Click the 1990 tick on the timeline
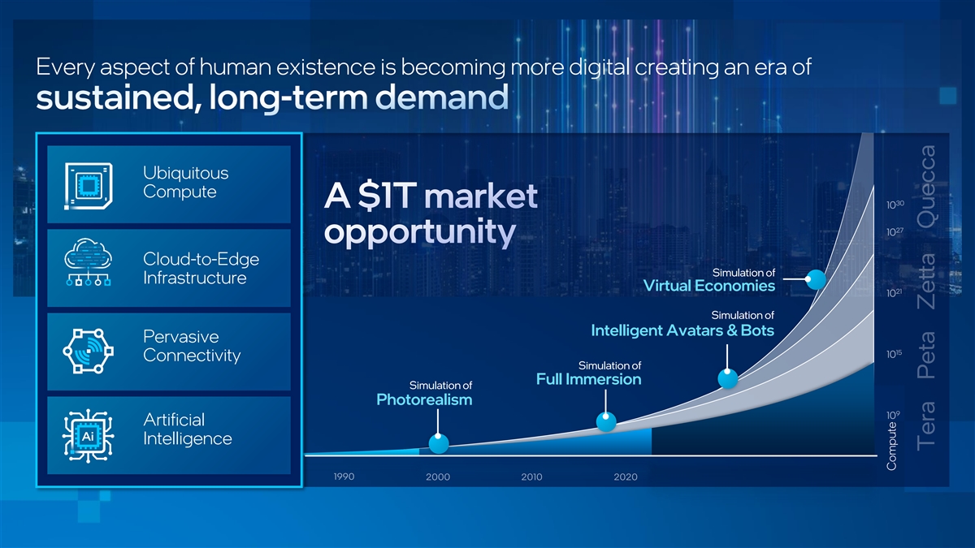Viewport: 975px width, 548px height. (344, 477)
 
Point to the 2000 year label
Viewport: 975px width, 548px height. (438, 477)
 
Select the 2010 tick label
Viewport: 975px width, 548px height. (531, 477)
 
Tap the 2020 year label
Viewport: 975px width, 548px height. (626, 477)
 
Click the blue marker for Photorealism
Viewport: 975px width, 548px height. (438, 443)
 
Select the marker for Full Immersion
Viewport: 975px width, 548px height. (606, 421)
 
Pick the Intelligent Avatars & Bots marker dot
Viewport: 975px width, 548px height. (727, 378)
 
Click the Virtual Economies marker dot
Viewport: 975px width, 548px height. (815, 279)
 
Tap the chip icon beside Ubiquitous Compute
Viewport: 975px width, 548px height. (89, 186)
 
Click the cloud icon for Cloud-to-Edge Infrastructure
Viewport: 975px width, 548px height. (89, 261)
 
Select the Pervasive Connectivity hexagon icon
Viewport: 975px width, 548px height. (89, 351)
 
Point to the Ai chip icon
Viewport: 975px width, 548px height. (88, 435)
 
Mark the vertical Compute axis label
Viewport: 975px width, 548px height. (891, 446)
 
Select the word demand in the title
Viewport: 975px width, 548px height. (442, 97)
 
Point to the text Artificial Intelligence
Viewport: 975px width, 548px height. (187, 429)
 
